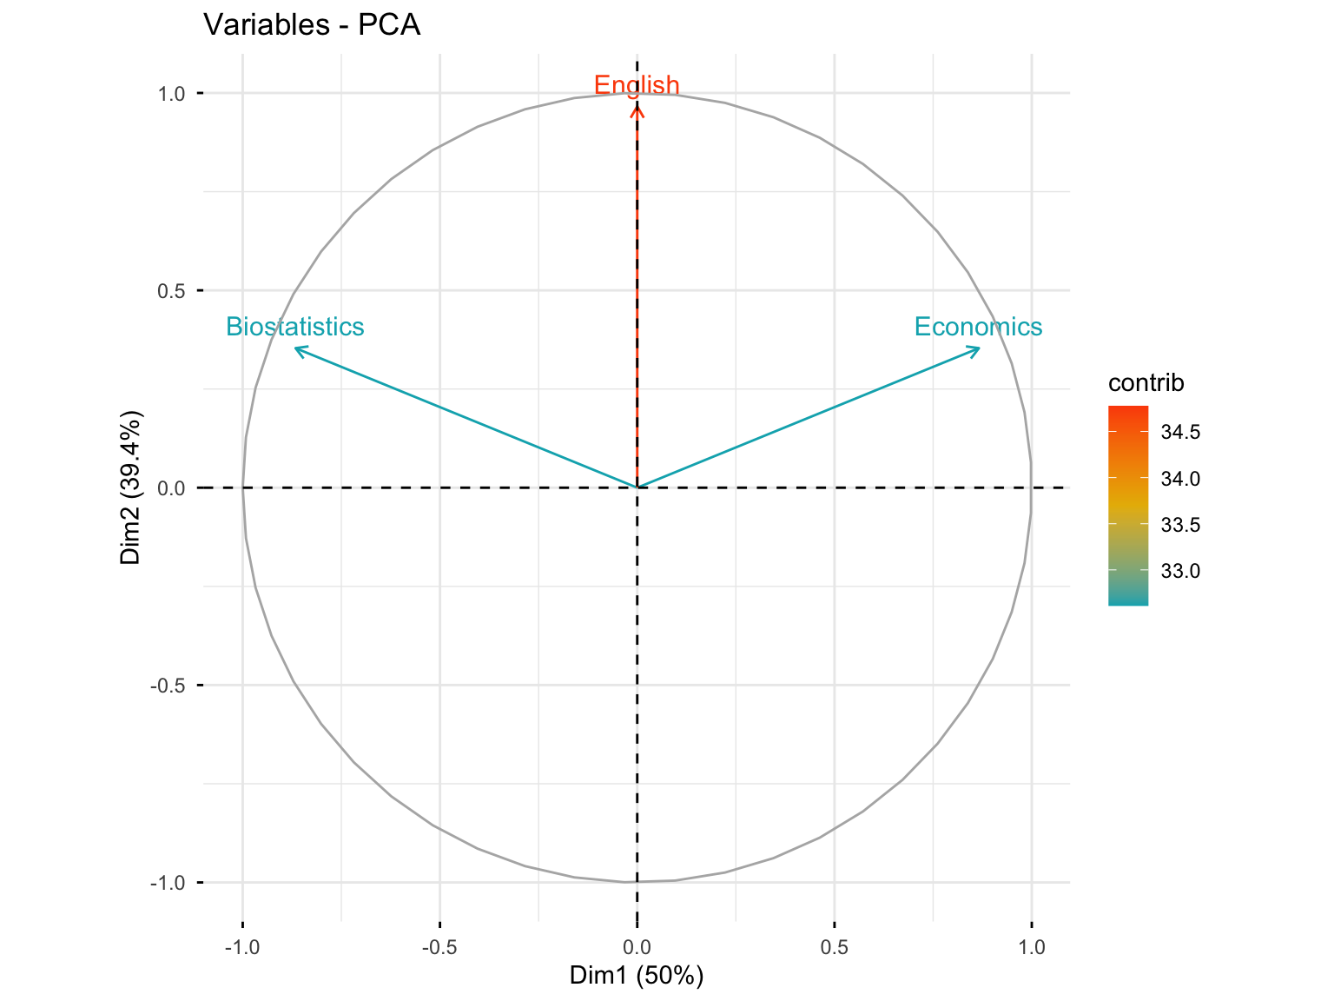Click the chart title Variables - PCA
[312, 25]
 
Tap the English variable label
[637, 85]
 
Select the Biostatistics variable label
[295, 327]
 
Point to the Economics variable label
[978, 327]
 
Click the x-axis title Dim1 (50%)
[637, 976]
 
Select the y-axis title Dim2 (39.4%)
[131, 487]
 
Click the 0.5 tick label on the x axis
[834, 947]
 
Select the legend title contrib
[1146, 383]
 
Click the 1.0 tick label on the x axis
[1032, 947]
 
